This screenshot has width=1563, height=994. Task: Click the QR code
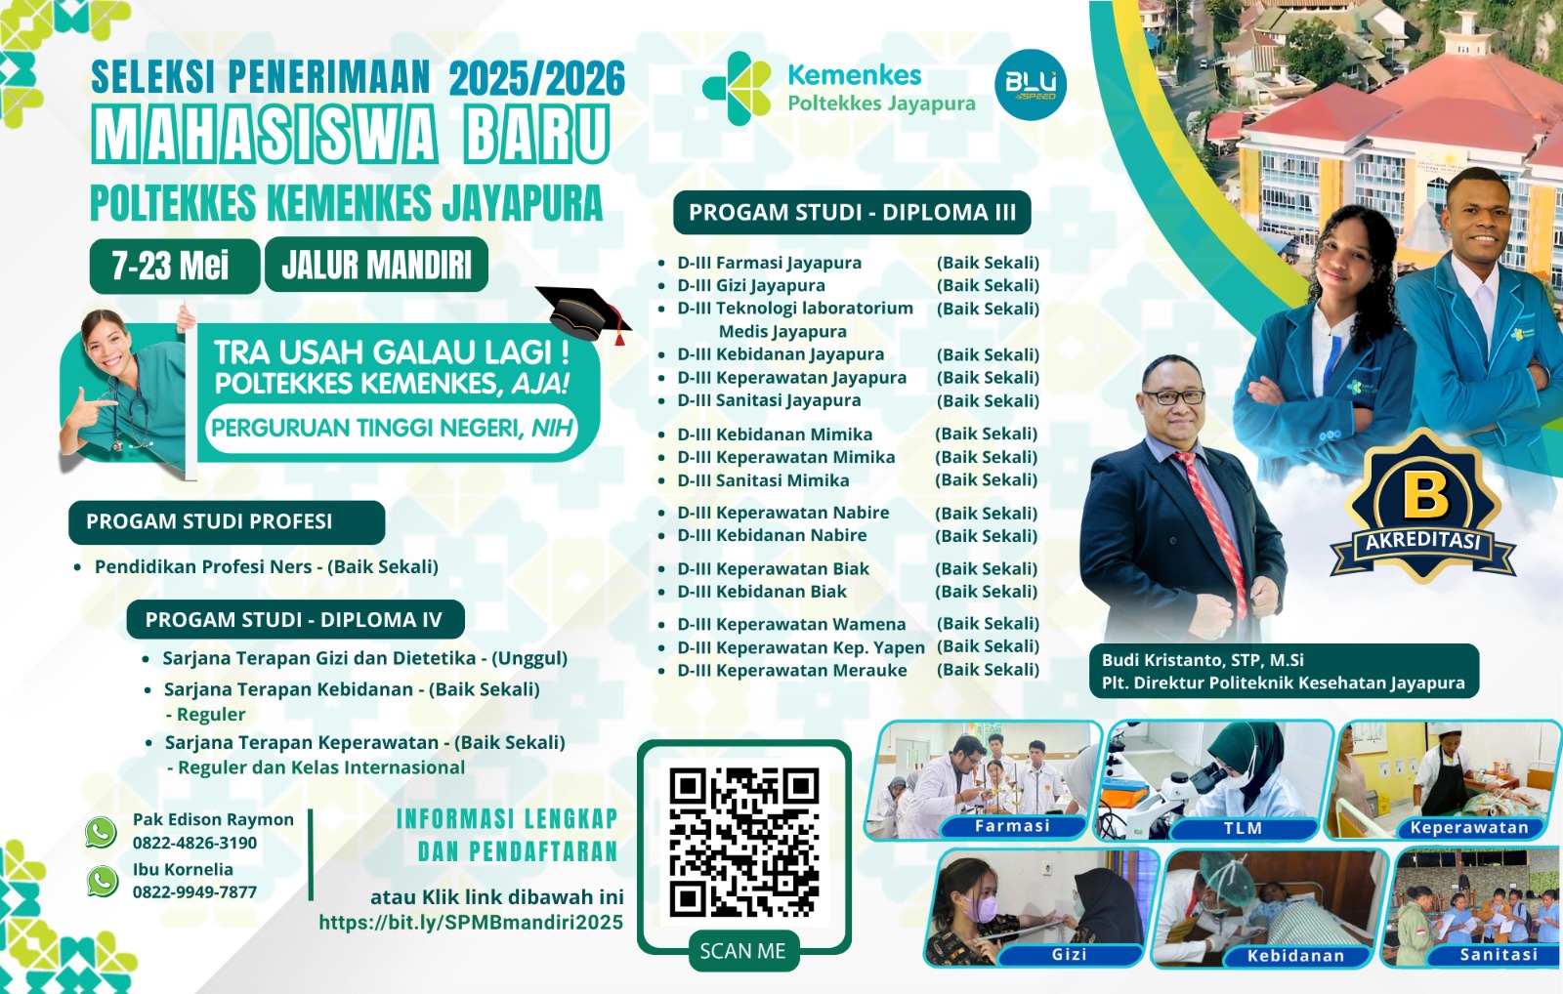743,843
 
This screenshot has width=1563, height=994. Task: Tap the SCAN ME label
743,951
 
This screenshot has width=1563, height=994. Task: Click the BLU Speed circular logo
1030,84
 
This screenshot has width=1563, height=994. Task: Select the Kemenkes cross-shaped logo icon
737,89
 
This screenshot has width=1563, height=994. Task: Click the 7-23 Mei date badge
175,266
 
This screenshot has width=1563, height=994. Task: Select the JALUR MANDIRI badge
376,265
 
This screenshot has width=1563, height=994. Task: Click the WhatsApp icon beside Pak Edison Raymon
102,832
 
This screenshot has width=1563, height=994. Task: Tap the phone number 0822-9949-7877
194,892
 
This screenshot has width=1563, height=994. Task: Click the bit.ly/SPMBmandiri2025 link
471,922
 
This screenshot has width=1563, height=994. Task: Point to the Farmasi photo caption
1012,826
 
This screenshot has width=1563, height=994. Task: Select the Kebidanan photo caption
1295,956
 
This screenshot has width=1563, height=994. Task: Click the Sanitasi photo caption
1499,954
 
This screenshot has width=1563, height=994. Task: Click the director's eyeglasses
1174,397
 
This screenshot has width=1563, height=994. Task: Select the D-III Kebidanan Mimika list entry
775,434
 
